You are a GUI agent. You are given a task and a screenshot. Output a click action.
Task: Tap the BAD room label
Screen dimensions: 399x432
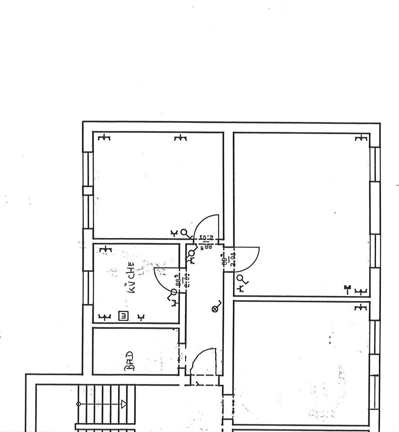[129, 361]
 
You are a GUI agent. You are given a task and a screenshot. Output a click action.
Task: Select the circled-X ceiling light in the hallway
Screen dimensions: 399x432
[215, 309]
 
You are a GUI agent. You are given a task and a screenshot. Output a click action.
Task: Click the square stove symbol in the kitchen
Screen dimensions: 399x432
[123, 316]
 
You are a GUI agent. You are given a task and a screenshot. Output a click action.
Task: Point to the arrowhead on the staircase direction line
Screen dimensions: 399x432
[124, 404]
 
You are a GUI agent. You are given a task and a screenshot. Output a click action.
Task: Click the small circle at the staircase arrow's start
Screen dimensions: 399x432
[79, 404]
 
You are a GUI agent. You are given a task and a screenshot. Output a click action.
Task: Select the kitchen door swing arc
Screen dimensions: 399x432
[162, 277]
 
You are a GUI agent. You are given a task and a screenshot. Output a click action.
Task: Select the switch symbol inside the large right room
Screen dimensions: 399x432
[242, 282]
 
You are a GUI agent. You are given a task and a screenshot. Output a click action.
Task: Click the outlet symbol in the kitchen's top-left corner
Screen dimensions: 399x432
[105, 249]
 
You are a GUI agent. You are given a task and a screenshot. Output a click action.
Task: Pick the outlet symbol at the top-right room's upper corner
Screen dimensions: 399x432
[360, 138]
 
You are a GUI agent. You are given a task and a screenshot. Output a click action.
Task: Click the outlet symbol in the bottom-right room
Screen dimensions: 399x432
[360, 308]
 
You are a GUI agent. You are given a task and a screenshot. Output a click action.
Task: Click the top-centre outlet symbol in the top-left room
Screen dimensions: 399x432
[180, 138]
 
